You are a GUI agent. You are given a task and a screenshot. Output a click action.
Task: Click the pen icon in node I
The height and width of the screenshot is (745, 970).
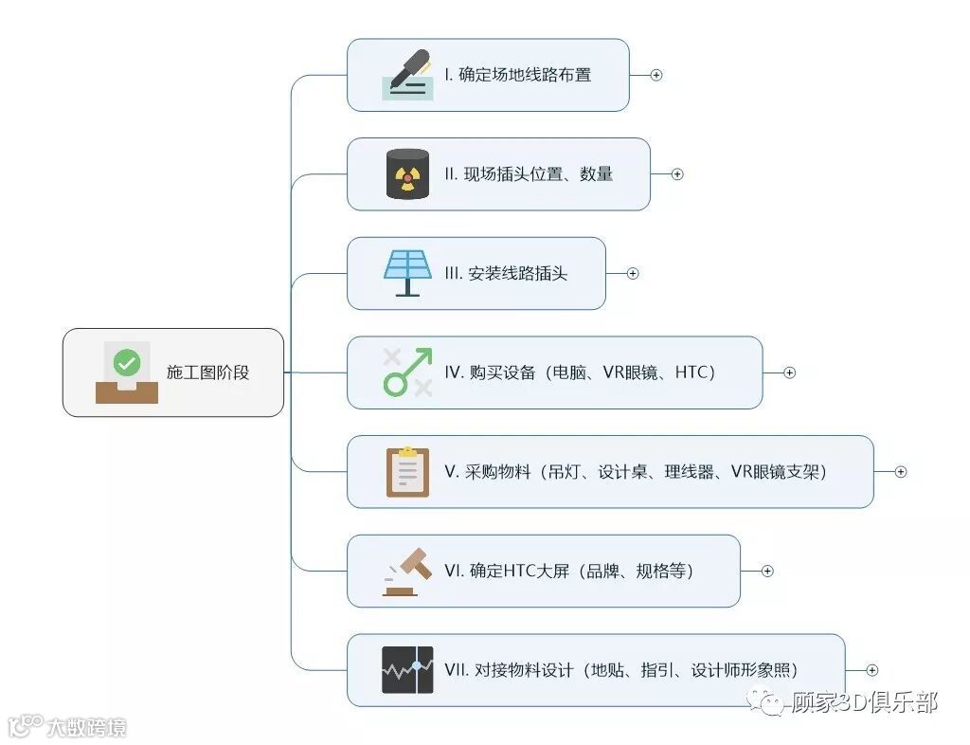(x=408, y=74)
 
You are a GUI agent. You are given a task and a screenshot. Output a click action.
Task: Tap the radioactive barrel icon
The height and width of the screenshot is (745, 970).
(x=407, y=173)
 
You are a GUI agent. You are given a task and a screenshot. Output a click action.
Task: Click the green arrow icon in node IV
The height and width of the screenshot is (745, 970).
(x=407, y=372)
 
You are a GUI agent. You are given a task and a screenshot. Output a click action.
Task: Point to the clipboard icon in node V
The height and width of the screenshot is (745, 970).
(x=407, y=471)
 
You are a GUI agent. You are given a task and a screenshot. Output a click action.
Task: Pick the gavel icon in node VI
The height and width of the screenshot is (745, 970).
(x=407, y=571)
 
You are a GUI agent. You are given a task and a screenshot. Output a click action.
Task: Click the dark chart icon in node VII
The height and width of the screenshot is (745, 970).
(x=407, y=669)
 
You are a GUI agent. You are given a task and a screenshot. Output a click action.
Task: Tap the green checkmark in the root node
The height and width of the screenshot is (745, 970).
(x=127, y=362)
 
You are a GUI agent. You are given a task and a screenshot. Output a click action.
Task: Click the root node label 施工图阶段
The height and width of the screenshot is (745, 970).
(x=207, y=372)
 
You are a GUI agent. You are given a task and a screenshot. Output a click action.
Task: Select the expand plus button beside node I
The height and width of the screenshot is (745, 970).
(x=656, y=75)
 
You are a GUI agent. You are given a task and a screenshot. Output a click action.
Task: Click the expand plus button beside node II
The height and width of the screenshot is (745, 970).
(x=677, y=174)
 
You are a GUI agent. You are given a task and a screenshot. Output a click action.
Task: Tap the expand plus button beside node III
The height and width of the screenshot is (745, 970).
(x=633, y=273)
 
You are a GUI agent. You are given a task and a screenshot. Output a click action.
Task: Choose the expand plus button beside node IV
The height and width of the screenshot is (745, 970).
(x=789, y=372)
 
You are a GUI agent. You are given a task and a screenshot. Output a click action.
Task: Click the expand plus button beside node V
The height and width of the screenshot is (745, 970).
(x=901, y=471)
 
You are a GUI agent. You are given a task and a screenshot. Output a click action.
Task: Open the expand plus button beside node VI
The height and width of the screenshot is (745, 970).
(x=767, y=571)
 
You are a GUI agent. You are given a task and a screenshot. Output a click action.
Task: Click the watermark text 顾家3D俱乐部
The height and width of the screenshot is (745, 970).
(x=863, y=702)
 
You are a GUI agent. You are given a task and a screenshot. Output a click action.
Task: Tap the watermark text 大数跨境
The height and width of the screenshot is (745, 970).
(x=85, y=728)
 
